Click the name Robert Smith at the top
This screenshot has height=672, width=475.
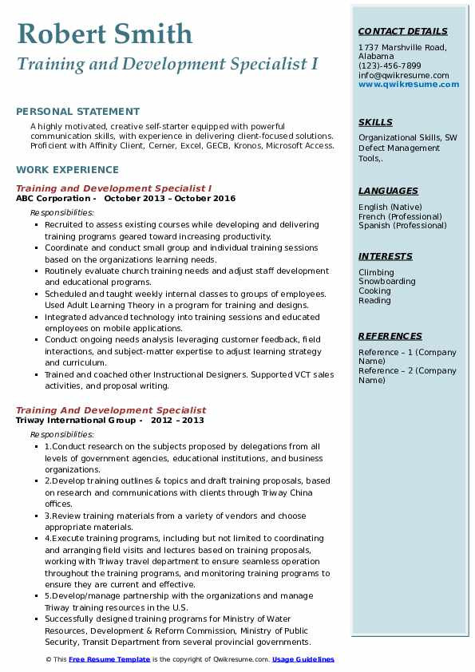point(104,34)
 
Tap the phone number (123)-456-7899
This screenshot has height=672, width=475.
point(390,66)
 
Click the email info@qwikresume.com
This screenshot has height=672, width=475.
point(403,76)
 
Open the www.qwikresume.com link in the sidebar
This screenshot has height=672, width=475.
point(403,85)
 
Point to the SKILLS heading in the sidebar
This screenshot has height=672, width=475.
point(375,123)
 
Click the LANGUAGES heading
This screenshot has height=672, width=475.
point(388,192)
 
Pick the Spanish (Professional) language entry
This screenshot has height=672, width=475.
point(403,226)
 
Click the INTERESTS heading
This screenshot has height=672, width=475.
point(385,257)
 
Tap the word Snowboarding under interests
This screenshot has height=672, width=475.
point(387,282)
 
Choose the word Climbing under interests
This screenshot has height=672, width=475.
point(376,272)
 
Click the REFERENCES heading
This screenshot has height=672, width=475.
point(389,337)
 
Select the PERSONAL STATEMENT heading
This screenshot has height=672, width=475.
point(77,112)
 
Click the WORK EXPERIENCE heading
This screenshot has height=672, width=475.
point(67,170)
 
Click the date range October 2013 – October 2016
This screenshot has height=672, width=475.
point(169,199)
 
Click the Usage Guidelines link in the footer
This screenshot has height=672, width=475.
point(303,660)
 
